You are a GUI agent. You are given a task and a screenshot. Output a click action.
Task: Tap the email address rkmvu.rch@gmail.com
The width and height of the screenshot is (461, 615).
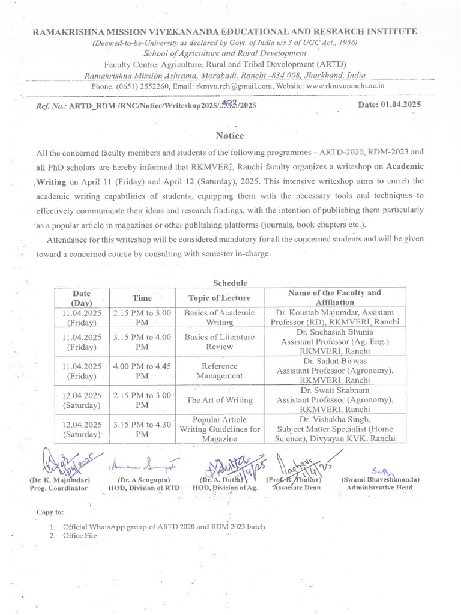pyautogui.click(x=234, y=86)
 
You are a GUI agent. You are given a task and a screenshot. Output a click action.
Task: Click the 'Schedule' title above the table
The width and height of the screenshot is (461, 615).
pyautogui.click(x=230, y=283)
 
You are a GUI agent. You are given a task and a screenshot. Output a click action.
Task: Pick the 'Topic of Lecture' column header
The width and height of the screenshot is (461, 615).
pyautogui.click(x=219, y=298)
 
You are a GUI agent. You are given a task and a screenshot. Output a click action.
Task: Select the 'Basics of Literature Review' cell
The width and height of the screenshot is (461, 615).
pyautogui.click(x=219, y=341)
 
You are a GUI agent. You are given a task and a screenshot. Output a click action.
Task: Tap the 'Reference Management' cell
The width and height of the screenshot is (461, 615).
pyautogui.click(x=219, y=371)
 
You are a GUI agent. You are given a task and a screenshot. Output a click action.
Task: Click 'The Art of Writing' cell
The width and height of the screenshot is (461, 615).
pyautogui.click(x=219, y=400)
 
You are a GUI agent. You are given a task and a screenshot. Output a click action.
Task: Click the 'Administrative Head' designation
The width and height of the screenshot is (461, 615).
pyautogui.click(x=380, y=488)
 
